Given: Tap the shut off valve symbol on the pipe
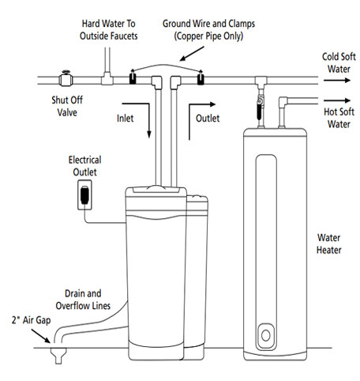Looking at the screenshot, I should point(65,78).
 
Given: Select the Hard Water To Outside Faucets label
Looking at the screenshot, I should point(107,31).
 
